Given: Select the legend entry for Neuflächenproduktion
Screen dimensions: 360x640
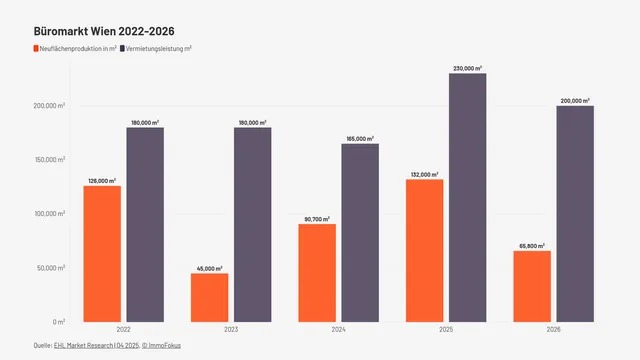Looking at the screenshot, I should click(x=75, y=48).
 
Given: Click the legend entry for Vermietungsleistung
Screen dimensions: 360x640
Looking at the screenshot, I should click(x=156, y=48).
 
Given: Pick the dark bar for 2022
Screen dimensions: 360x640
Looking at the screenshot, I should click(x=145, y=224).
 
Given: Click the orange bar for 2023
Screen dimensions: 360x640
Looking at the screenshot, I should click(x=209, y=297).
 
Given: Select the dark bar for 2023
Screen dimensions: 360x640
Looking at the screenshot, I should click(x=253, y=224).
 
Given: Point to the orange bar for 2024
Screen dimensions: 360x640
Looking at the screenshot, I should click(x=317, y=272).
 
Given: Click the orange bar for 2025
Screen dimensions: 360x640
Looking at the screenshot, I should click(x=424, y=250).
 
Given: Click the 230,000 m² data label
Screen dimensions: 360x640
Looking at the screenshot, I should click(x=467, y=68).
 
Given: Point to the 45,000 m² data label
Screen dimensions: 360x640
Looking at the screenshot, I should click(x=209, y=267).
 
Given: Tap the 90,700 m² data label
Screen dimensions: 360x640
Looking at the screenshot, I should click(x=317, y=218).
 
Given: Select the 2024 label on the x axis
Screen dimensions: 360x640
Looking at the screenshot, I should click(x=338, y=329).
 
